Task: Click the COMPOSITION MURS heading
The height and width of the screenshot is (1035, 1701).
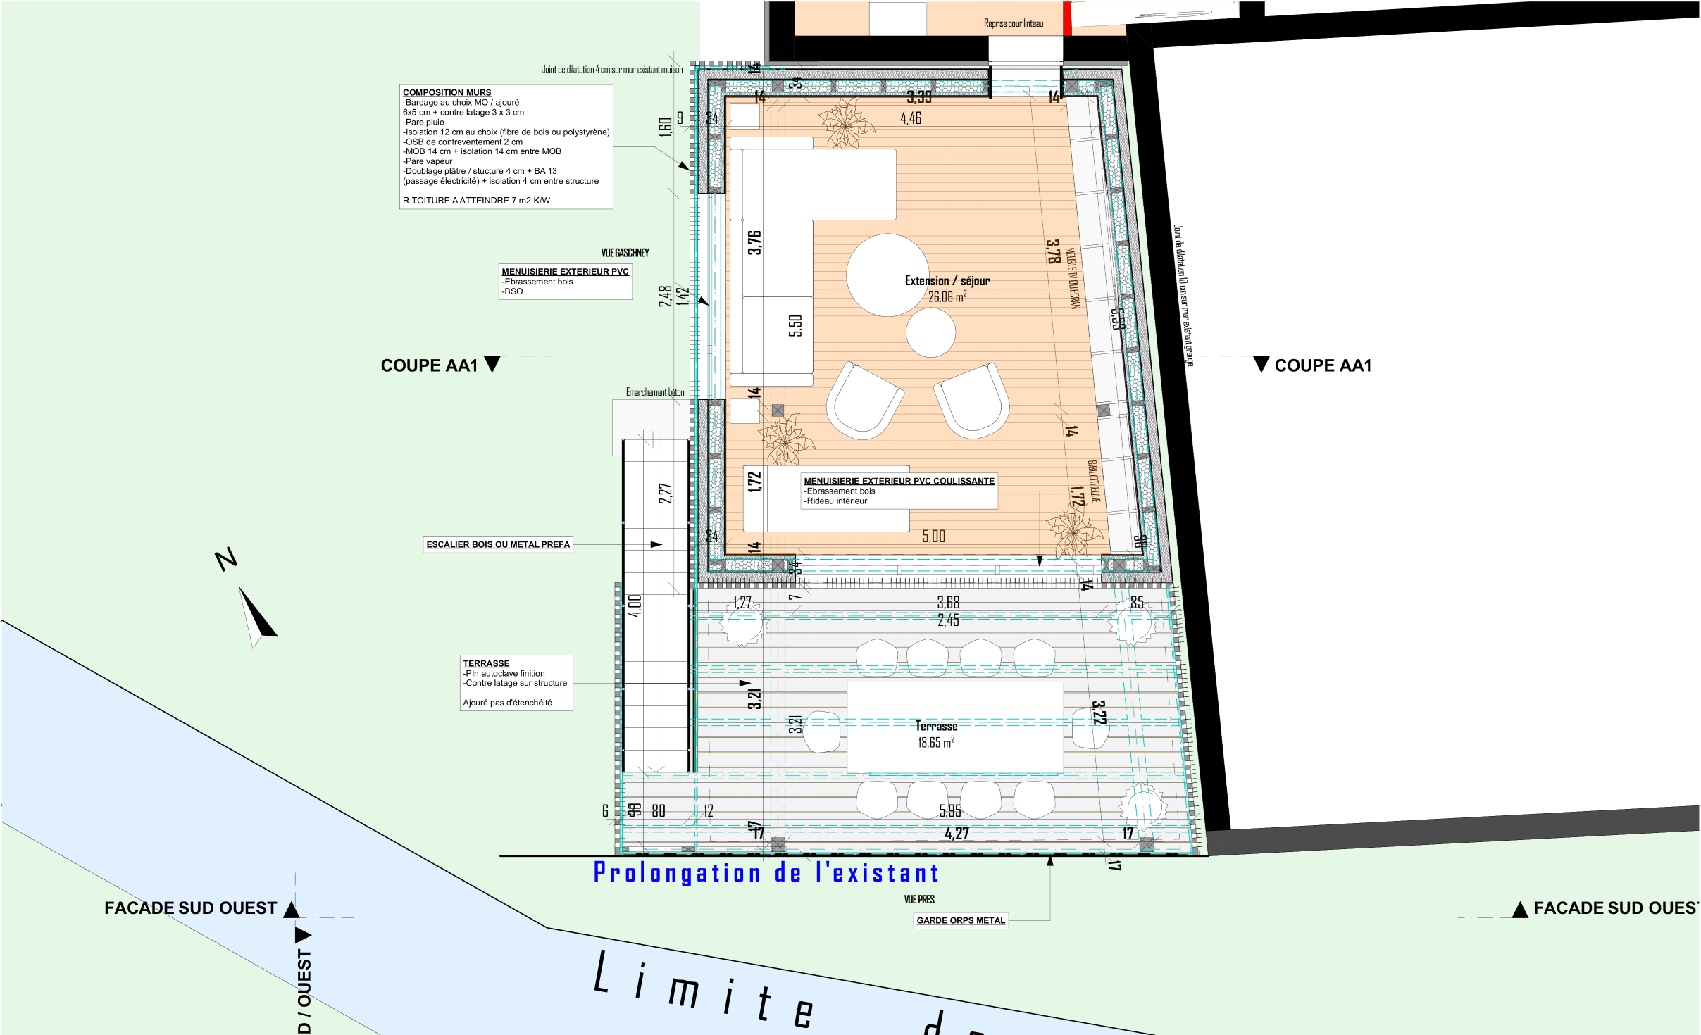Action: (x=447, y=92)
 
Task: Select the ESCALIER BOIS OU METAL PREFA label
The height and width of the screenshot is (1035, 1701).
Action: (x=497, y=544)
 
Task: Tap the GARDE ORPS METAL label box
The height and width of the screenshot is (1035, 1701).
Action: (x=960, y=920)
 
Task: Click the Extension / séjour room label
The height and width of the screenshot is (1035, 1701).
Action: (x=947, y=281)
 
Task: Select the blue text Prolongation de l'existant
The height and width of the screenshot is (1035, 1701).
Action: (x=766, y=873)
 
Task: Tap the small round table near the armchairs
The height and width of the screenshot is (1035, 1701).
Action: (x=930, y=332)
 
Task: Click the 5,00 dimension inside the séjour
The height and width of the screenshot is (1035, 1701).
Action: (x=933, y=537)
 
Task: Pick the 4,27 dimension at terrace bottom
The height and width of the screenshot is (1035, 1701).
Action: (x=957, y=834)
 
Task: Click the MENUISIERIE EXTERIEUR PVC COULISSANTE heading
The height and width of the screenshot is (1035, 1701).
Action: (x=899, y=481)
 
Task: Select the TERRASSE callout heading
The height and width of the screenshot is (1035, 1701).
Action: (x=486, y=663)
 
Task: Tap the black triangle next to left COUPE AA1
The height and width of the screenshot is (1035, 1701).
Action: (x=492, y=364)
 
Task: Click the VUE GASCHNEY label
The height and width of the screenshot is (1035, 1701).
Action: (x=625, y=253)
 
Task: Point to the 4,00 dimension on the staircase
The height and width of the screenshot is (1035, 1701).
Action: (x=635, y=606)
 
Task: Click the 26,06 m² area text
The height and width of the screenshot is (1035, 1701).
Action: (x=947, y=297)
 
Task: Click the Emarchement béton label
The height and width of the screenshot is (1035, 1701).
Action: (x=654, y=392)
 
